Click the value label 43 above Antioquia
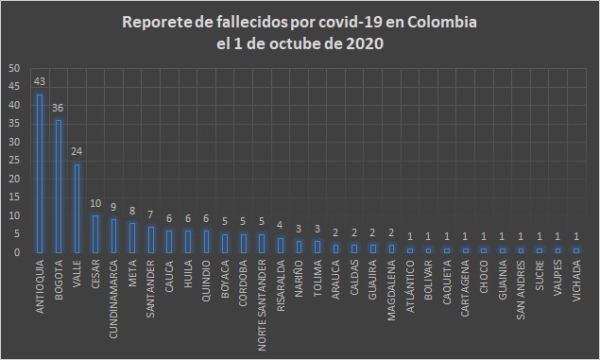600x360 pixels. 40,81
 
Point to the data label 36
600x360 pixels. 59,107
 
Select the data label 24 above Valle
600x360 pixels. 77,151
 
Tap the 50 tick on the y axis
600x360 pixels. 12,69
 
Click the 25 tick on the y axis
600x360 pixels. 12,161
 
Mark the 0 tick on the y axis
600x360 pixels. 15,252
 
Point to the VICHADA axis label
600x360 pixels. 575,281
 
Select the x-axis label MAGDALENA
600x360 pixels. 391,286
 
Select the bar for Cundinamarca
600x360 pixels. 114,235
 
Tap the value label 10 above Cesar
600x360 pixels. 95,203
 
